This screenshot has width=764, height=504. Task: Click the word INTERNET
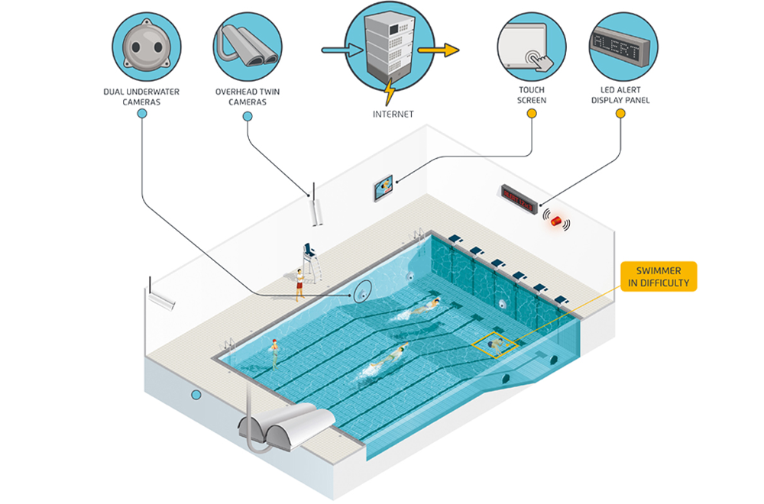pyautogui.click(x=393, y=114)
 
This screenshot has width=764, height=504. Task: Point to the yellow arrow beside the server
pyautogui.click(x=440, y=51)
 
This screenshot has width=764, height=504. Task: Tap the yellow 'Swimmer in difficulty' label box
pyautogui.click(x=659, y=277)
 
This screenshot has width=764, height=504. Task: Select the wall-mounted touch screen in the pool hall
pyautogui.click(x=384, y=188)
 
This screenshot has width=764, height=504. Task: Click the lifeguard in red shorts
pyautogui.click(x=299, y=283)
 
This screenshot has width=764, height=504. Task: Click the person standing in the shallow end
pyautogui.click(x=273, y=353)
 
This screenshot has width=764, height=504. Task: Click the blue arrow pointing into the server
pyautogui.click(x=334, y=50)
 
